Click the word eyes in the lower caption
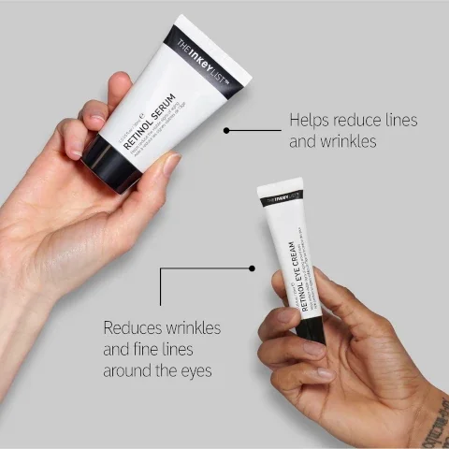click(x=193, y=371)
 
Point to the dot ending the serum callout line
click(x=226, y=130)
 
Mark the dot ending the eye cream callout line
click(x=252, y=268)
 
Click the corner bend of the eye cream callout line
click(x=160, y=268)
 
